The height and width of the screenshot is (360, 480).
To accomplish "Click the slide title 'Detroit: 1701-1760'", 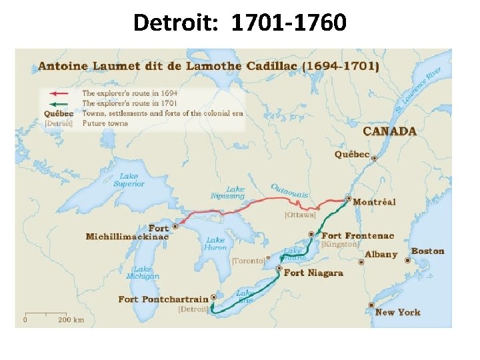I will [240, 23].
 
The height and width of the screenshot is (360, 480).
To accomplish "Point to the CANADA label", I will [390, 131].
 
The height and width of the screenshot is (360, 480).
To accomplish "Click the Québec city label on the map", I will [352, 155].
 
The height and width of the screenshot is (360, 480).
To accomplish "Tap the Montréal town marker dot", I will [348, 199].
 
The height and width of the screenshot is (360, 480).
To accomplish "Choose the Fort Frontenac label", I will [358, 235].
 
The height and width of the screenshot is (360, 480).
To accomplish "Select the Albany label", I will [381, 254].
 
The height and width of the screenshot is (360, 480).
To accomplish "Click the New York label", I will [398, 312].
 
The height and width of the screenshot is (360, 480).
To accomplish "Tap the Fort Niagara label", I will [313, 273].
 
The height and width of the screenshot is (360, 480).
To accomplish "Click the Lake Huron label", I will [215, 243].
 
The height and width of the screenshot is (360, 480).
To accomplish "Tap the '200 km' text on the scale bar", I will [71, 320].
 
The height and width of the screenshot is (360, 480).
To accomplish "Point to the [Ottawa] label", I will [300, 215].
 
